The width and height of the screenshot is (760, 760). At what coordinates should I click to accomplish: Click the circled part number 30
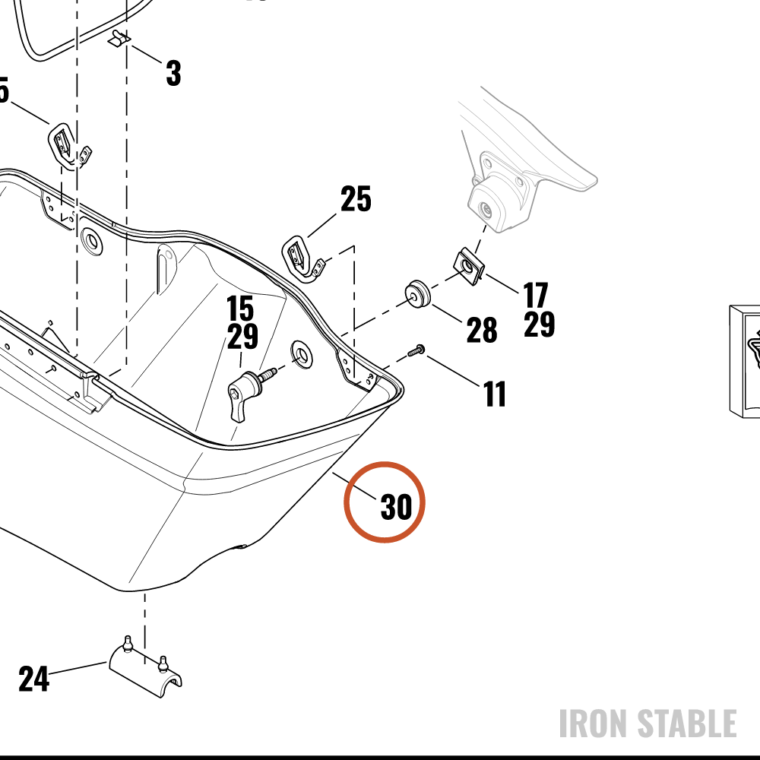pos(397,507)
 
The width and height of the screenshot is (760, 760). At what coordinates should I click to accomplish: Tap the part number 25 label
pos(356,198)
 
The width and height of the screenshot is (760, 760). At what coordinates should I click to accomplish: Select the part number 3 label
pos(173,73)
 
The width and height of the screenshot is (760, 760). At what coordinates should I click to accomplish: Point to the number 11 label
pos(495,394)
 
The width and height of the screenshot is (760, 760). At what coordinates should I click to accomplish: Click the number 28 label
pos(482,330)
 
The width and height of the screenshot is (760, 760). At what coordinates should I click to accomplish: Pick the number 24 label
pos(34,679)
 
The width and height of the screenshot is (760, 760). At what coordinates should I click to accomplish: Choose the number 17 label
pos(536,295)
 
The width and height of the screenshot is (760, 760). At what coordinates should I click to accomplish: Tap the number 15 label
pos(240,309)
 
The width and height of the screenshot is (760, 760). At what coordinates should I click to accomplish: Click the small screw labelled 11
pos(416,350)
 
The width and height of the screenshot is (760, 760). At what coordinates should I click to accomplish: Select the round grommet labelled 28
pos(416,293)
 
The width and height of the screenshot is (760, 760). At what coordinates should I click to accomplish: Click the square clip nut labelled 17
pos(469,266)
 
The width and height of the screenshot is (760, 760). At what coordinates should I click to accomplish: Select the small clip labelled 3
pos(119,39)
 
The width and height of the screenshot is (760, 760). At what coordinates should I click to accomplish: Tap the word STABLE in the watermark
pos(686,724)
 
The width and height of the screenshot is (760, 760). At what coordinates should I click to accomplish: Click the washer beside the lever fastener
pos(302,354)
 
